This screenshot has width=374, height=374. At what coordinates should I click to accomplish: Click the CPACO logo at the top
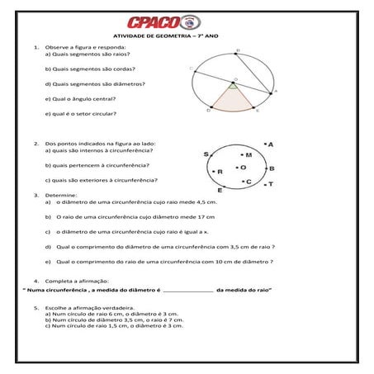click(186, 22)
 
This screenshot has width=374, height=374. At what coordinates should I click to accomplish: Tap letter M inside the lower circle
click(247, 154)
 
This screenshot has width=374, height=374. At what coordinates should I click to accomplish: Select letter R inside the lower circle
click(220, 172)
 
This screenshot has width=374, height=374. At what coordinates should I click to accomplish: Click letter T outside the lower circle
click(270, 185)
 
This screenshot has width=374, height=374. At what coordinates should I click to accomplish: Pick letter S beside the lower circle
click(206, 154)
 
